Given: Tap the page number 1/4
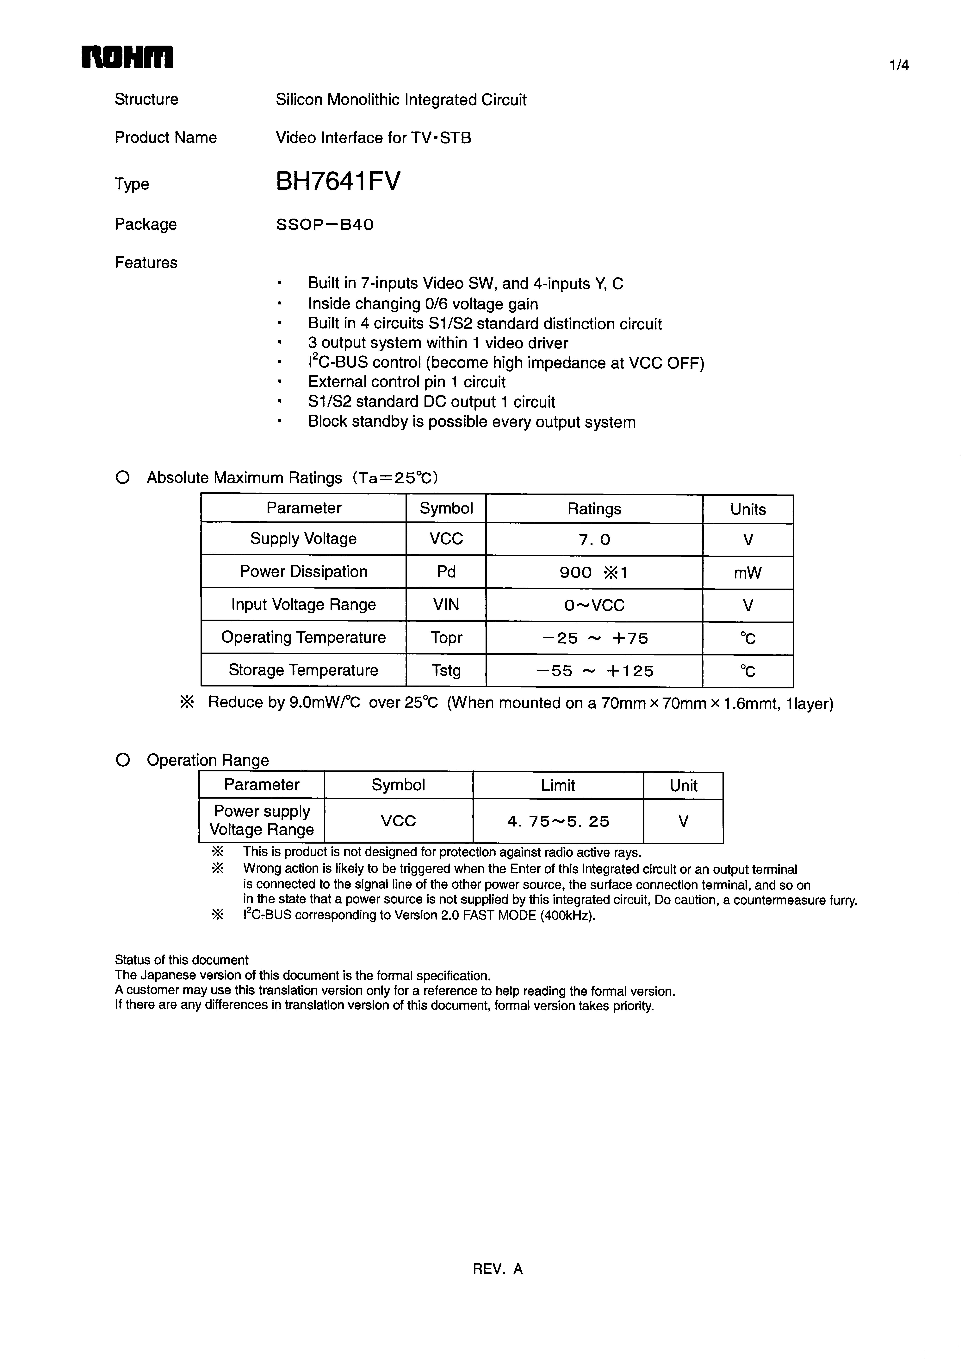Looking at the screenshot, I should coord(899,66).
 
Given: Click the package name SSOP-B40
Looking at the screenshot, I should coord(325,225).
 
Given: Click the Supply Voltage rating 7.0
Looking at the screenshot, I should coord(594,539).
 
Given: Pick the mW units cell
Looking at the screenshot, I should coord(747,573).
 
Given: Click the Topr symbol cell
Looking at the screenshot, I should coord(446,638).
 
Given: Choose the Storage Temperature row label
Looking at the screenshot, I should coord(304,670).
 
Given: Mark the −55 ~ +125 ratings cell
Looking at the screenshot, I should coord(594,671).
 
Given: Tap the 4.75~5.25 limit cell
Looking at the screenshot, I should coord(558,821).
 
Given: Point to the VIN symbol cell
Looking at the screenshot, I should coord(446,605).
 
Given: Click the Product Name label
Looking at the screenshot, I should coord(166,138).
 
